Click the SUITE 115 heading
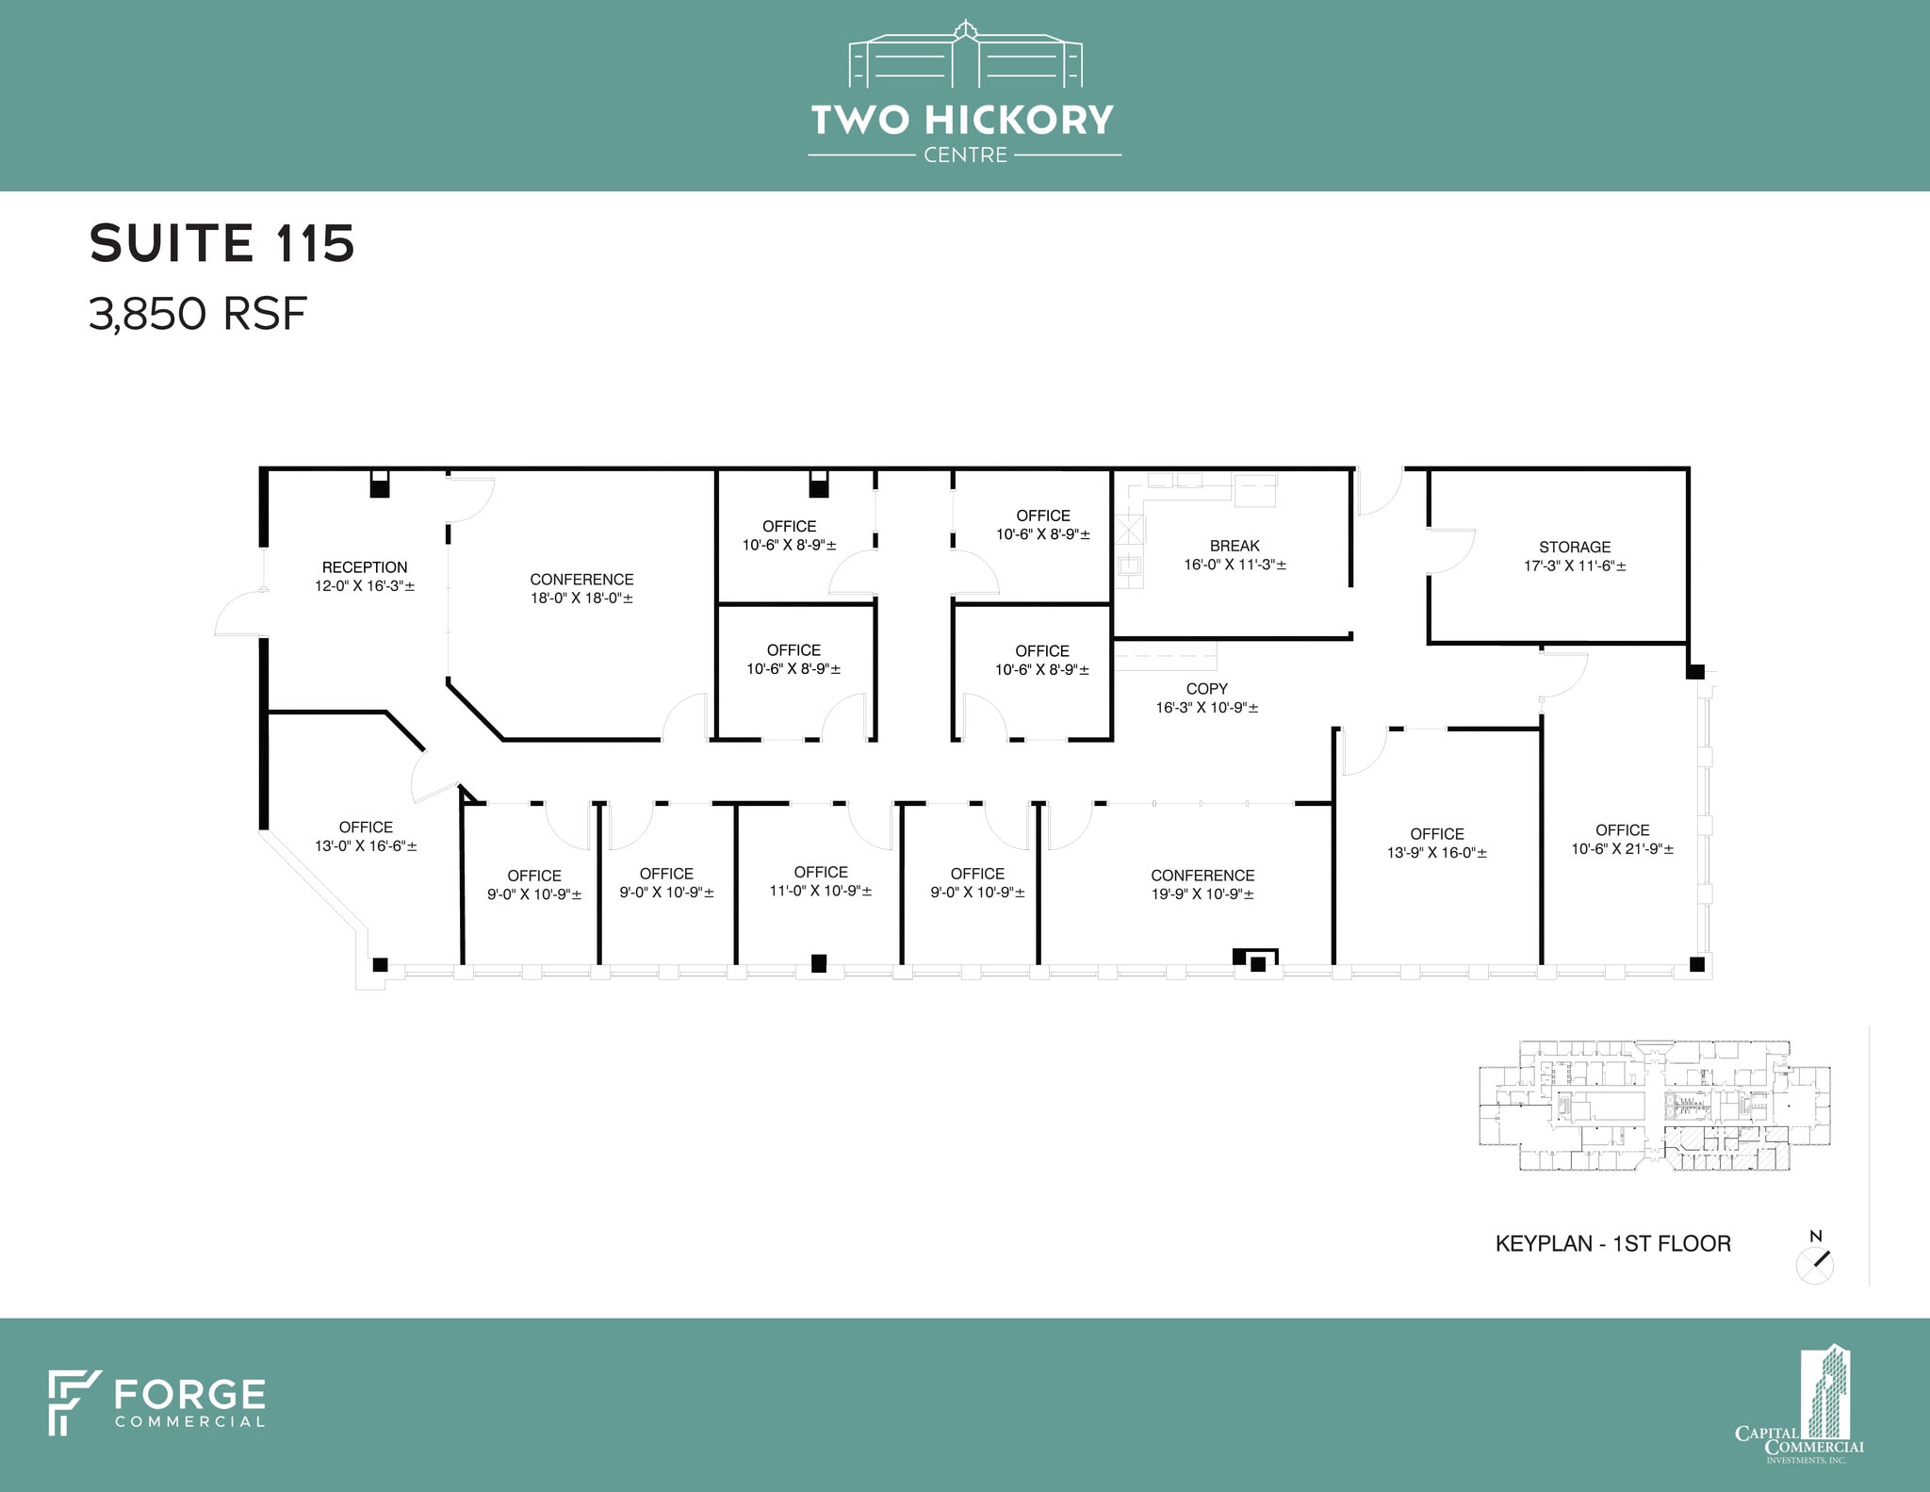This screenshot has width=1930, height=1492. click(221, 243)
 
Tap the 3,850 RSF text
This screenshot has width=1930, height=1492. click(198, 314)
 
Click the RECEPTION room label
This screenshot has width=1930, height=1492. click(365, 567)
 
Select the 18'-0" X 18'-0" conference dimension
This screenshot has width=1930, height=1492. click(581, 598)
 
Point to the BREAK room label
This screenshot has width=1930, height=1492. click(1235, 546)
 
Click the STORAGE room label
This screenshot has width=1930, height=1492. click(1575, 547)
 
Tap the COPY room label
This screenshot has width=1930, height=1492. click(1206, 689)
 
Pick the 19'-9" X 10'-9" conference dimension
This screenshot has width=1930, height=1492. click(1202, 894)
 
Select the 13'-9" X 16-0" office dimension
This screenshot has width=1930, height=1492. click(1437, 853)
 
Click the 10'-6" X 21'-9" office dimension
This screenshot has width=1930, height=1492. click(1622, 849)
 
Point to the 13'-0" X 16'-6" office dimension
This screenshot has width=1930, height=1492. click(366, 846)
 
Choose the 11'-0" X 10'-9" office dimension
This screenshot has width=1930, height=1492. click(821, 891)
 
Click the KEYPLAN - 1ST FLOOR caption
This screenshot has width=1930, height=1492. click(1612, 1244)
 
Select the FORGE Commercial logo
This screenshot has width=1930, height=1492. click(157, 1402)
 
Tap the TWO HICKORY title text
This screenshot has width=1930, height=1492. click(962, 121)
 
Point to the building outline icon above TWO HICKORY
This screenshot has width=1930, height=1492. click(965, 55)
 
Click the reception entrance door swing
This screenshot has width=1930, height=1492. click(239, 614)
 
